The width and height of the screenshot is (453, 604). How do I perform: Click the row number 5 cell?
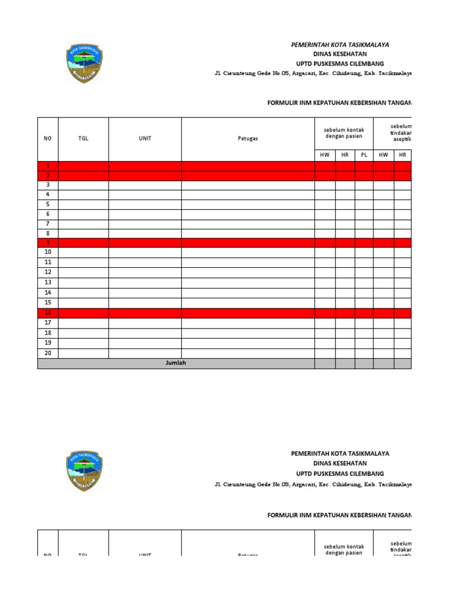tap(48, 204)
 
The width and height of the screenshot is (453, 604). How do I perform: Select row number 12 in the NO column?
tap(48, 272)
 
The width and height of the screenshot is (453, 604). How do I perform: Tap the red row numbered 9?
tap(48, 242)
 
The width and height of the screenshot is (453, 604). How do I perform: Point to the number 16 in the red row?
tap(48, 313)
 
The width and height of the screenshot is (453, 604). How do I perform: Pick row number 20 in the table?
tap(48, 353)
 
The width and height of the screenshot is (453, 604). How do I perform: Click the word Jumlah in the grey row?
tap(176, 363)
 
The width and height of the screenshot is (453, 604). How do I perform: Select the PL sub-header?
tap(364, 155)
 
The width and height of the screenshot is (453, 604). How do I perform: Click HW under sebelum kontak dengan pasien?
tap(325, 155)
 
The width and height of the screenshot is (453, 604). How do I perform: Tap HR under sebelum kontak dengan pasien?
tap(345, 155)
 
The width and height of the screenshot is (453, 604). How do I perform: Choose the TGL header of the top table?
tap(83, 139)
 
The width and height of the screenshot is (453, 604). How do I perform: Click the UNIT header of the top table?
tap(145, 139)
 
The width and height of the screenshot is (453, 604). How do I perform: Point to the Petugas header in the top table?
tap(248, 139)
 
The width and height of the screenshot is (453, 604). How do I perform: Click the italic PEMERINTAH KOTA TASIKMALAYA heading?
tap(340, 45)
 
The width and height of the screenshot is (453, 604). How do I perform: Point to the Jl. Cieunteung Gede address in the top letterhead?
tap(313, 73)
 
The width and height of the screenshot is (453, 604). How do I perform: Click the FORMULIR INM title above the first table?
tap(339, 103)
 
